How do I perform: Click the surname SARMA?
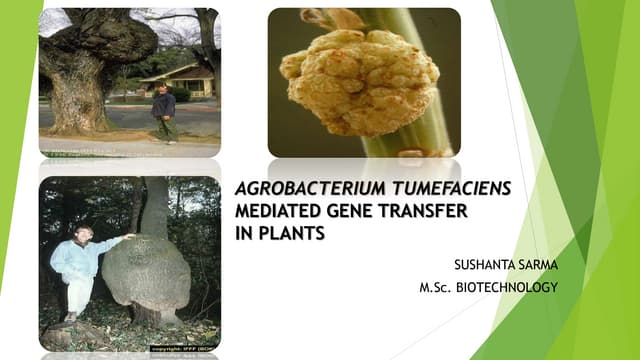click(538, 267)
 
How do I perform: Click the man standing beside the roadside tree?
click(164, 113)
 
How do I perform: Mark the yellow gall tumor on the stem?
click(358, 79)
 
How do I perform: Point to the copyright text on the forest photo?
click(185, 347)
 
